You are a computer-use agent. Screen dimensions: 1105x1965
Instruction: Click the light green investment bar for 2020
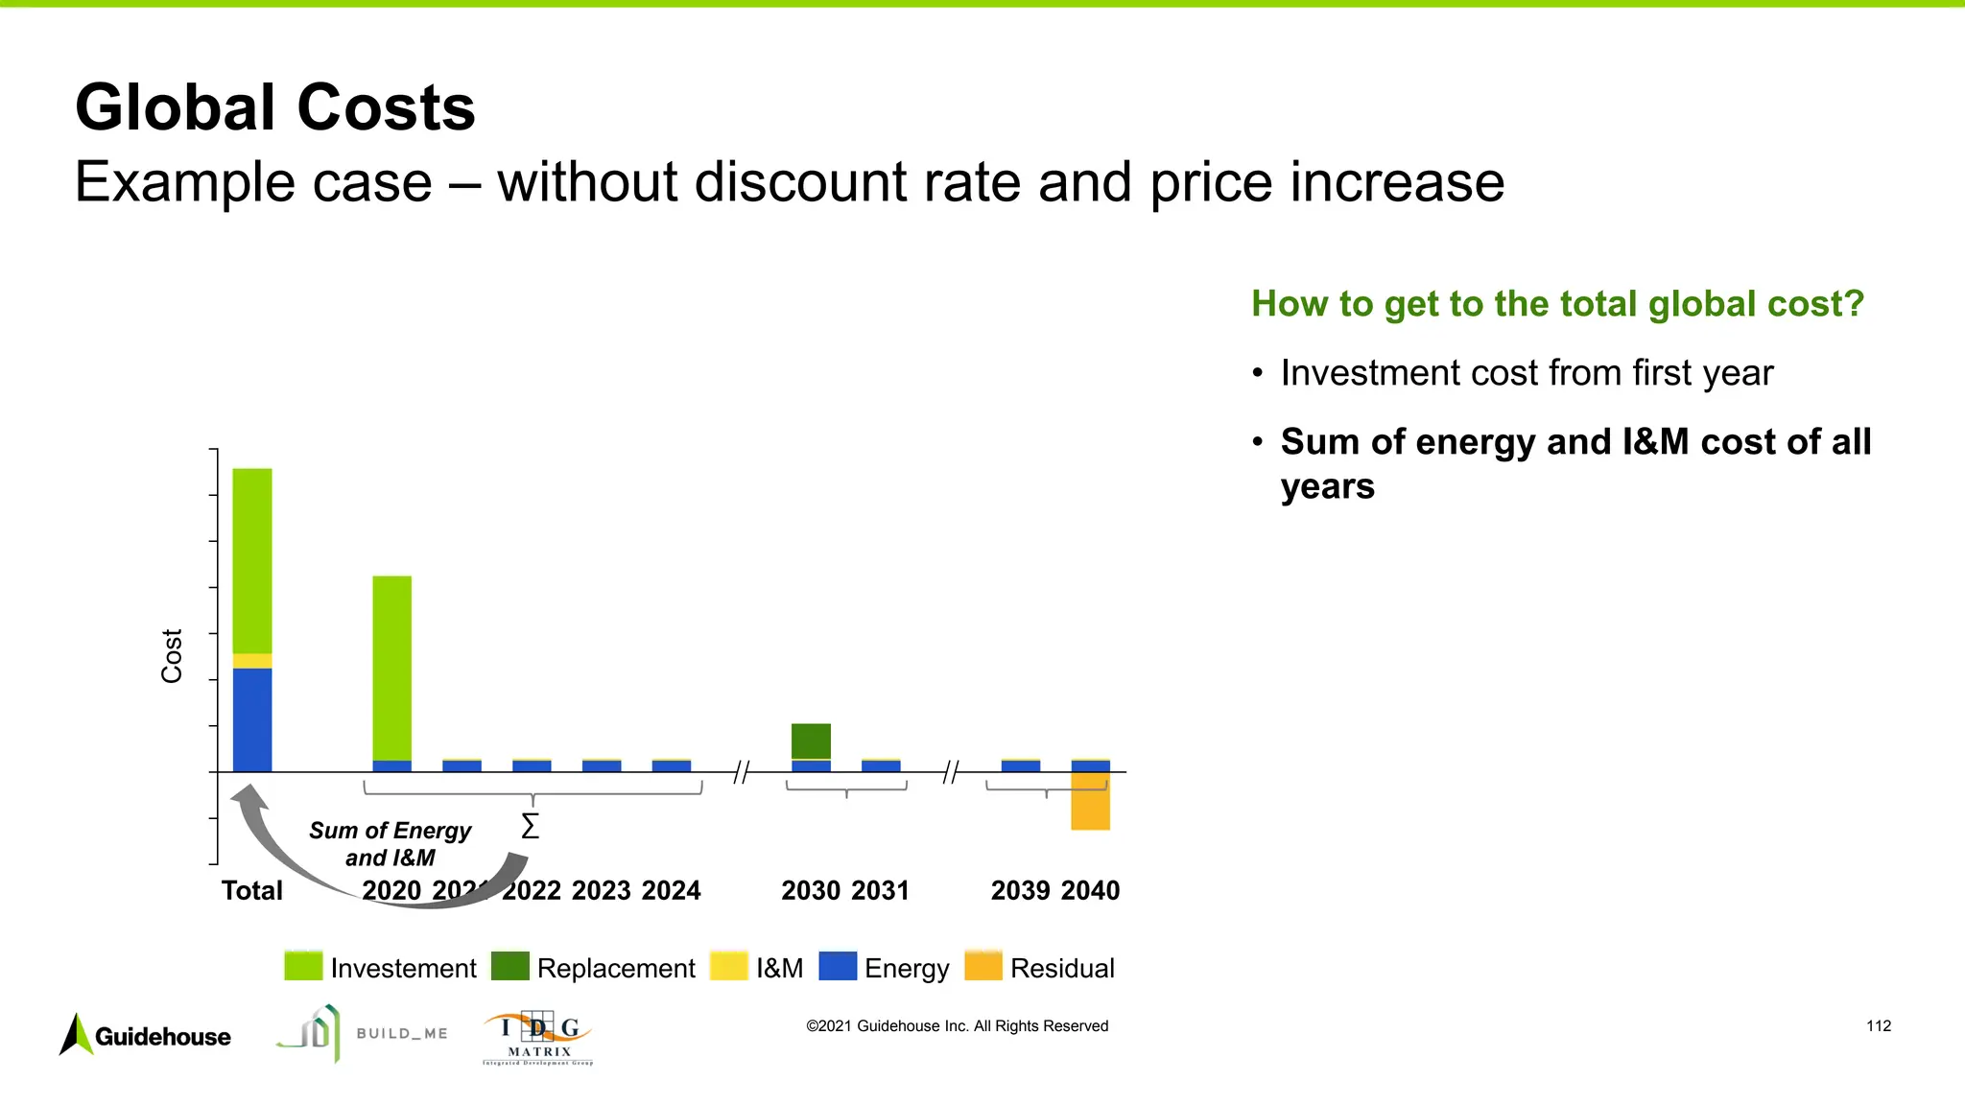[391, 667]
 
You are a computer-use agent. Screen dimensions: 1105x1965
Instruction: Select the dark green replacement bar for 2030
[811, 741]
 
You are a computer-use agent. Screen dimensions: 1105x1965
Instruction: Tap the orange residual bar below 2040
[1090, 801]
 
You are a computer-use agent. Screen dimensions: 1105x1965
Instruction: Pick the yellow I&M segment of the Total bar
[252, 661]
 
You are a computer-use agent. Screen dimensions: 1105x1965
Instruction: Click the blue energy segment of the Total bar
[252, 719]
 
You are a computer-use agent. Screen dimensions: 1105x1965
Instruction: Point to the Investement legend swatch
[303, 966]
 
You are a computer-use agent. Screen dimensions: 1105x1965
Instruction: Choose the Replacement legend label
[616, 968]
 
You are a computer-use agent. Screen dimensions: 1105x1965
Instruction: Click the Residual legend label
[1062, 968]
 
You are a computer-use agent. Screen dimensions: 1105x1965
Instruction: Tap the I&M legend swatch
[728, 966]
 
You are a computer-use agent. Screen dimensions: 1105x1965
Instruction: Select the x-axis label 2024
[671, 890]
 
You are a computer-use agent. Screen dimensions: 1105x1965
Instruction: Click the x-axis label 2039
[1020, 890]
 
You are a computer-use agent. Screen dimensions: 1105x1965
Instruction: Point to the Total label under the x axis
[252, 890]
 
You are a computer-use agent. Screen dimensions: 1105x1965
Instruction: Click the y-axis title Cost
[172, 656]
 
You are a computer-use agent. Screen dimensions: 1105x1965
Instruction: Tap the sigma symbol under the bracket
[530, 826]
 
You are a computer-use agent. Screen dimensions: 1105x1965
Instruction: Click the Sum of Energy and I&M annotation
[391, 843]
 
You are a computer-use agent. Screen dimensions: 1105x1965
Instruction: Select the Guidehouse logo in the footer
[146, 1035]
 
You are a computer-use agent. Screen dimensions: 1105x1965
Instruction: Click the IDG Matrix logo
[538, 1036]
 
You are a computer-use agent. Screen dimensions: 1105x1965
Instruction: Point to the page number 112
[1878, 1025]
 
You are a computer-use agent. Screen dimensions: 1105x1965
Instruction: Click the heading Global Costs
[275, 107]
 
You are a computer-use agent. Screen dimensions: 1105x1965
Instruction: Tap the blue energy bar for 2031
[881, 765]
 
